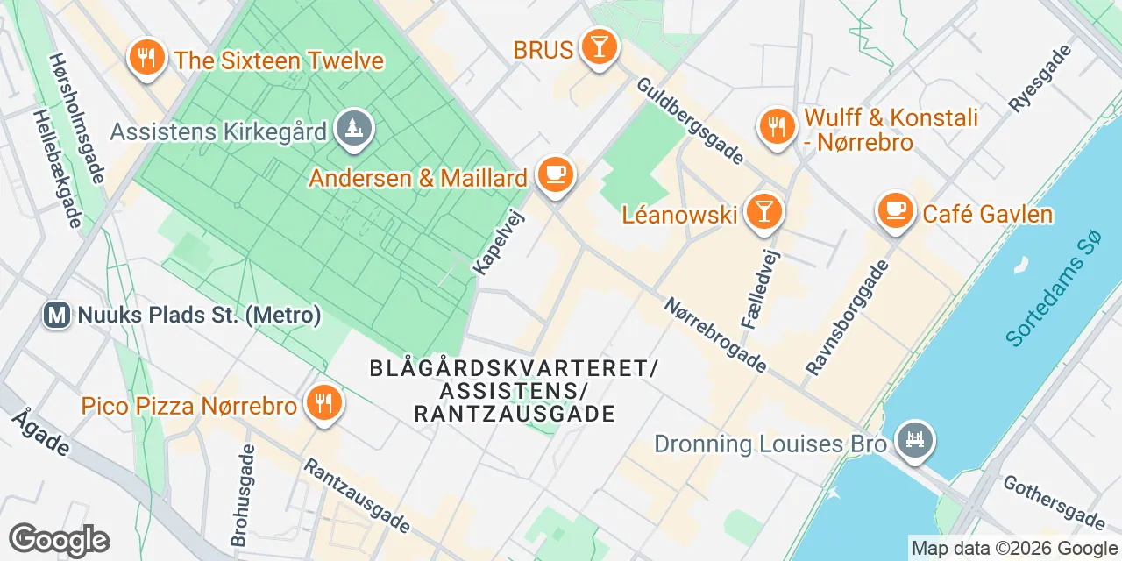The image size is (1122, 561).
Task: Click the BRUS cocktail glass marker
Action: coord(600,46)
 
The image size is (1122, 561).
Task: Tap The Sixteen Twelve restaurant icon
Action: coord(146,58)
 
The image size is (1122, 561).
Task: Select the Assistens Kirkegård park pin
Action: coord(354,130)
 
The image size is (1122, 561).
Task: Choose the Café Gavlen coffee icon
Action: coord(895,211)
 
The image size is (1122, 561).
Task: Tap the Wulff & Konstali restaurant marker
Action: coord(775,127)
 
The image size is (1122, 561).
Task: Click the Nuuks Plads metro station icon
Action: coord(57,315)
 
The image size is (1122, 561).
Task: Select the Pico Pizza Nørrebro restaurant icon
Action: coord(323,404)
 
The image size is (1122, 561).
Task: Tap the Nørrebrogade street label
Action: coord(715,334)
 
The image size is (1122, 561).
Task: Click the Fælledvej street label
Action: coord(760,287)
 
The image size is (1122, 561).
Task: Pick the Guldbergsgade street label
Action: coord(690,121)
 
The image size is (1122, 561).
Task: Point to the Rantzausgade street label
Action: coord(356,494)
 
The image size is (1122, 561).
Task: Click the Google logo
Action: coord(59,540)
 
